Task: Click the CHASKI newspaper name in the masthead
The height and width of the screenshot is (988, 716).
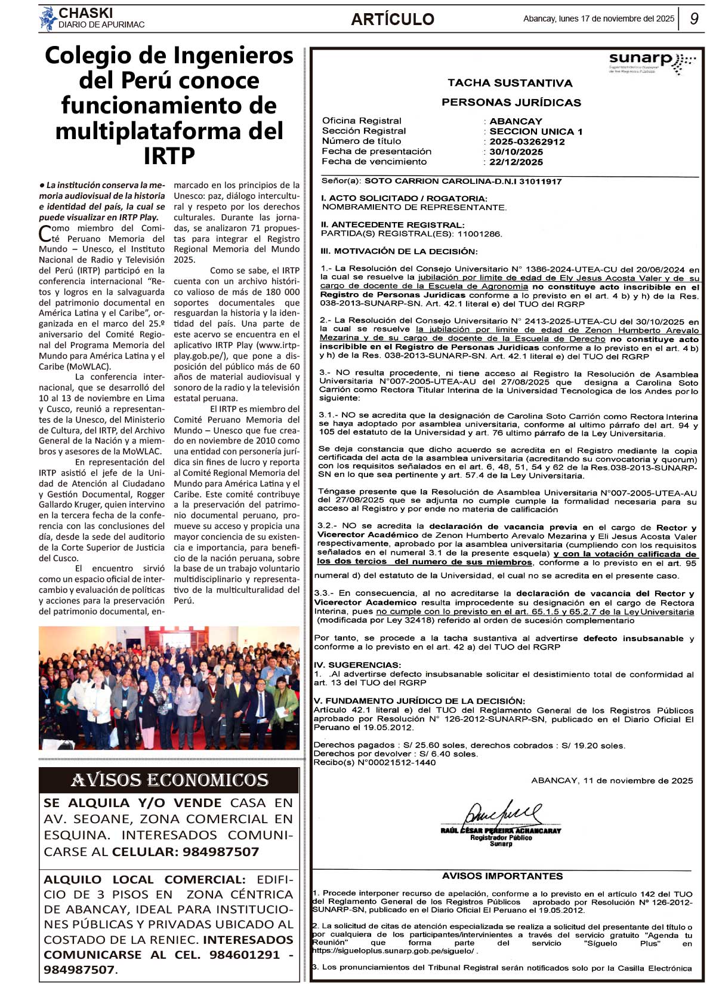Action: coord(85,13)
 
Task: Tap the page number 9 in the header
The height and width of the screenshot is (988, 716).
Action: coord(694,19)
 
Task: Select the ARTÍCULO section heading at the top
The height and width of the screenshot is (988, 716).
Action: coord(392,19)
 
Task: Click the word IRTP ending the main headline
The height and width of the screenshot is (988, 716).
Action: coord(169,156)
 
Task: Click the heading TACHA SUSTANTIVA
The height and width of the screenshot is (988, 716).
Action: coord(510,83)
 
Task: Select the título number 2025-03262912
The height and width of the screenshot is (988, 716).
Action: coord(527,141)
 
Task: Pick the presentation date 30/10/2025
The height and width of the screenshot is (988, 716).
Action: coord(516,152)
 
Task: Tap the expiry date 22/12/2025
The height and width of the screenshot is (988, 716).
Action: coord(516,162)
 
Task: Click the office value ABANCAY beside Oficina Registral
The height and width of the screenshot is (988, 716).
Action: coord(516,121)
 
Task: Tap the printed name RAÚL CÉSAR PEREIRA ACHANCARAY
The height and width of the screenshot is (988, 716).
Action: coord(501,830)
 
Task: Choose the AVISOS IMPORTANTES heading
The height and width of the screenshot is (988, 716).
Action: coord(502,876)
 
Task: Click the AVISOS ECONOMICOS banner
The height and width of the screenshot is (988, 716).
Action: coord(169,780)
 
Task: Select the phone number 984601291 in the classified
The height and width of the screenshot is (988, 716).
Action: coord(245,955)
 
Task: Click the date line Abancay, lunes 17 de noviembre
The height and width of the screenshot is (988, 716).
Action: coord(598,19)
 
